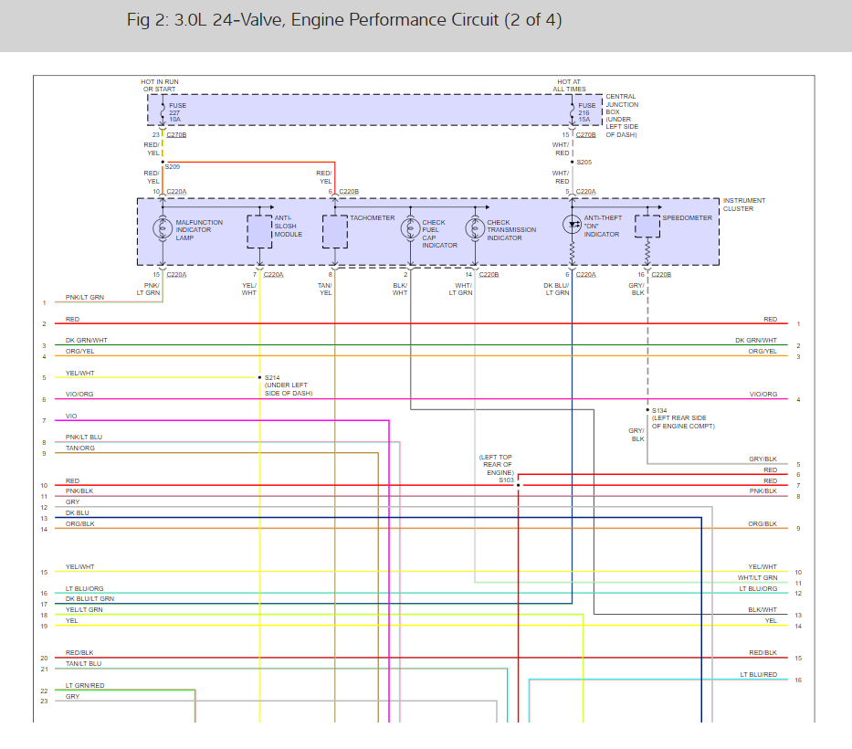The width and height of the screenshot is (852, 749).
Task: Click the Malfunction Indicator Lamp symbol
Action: coord(163,228)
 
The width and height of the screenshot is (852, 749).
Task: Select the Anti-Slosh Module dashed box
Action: coord(260,232)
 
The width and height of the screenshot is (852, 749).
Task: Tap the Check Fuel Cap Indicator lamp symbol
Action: coord(410,228)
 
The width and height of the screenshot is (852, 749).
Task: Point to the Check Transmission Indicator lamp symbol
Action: coord(474,228)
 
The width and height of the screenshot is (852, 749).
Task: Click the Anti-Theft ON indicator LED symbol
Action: coord(573,225)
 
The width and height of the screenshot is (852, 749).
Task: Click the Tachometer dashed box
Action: coord(335,232)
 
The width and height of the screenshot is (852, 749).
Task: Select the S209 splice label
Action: coord(173,167)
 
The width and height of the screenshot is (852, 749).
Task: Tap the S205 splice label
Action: coord(584,162)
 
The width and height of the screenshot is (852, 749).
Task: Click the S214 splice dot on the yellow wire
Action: coord(260,377)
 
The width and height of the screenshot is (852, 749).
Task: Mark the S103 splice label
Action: coord(507,480)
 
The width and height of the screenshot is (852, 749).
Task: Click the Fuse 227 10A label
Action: coord(177,111)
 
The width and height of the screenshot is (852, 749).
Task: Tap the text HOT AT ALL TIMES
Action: coord(570,86)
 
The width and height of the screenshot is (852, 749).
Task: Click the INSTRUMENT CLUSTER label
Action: coord(744,205)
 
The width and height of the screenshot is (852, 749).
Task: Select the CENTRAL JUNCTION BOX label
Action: coord(622,105)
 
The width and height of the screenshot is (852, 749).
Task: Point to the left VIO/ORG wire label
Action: coord(79,396)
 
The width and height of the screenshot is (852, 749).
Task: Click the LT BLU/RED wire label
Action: coord(758,675)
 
